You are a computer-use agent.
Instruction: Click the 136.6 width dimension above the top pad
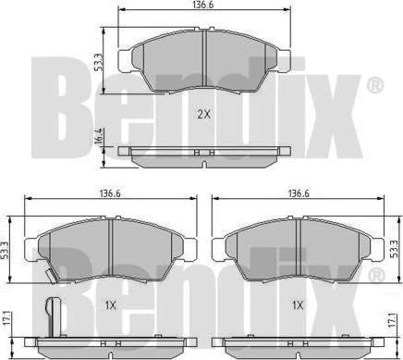tap(201, 6)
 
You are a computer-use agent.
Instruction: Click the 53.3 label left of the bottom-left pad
tap(6, 249)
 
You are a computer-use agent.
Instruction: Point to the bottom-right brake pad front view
tap(298, 248)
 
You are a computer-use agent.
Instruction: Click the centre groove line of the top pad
tap(201, 60)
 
